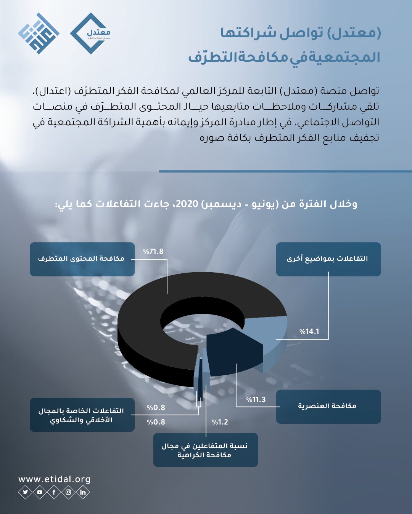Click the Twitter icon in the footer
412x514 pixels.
pyautogui.click(x=26, y=492)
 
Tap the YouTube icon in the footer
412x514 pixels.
pyautogui.click(x=40, y=492)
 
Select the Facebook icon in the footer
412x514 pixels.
pyautogui.click(x=54, y=492)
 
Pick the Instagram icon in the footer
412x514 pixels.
pyautogui.click(x=69, y=492)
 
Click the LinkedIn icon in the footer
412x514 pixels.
pyautogui.click(x=83, y=492)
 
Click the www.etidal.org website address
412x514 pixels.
pyautogui.click(x=55, y=479)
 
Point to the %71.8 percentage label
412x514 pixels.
pyautogui.click(x=153, y=252)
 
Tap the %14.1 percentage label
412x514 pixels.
pyautogui.click(x=309, y=332)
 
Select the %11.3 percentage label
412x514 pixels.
pyautogui.click(x=256, y=400)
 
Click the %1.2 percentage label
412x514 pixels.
pyautogui.click(x=220, y=422)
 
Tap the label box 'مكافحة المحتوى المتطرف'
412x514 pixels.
pyautogui.click(x=82, y=259)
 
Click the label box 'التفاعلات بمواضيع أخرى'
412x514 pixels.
pyautogui.click(x=328, y=259)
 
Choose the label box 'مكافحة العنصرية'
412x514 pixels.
pyautogui.click(x=328, y=406)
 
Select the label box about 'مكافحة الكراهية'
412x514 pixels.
pyautogui.click(x=205, y=450)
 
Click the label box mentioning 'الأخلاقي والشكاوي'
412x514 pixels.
pyautogui.click(x=82, y=415)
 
